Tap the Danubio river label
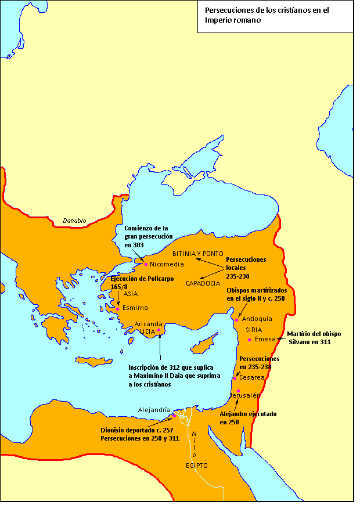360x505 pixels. point(74,221)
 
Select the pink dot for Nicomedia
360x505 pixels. point(146,264)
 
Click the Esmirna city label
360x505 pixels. point(135,308)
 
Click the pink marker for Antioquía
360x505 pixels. point(237,319)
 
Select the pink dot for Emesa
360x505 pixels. point(249,340)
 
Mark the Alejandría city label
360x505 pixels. point(154,409)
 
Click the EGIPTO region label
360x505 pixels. point(197,466)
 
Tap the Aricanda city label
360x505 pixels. point(149,323)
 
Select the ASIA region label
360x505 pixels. point(131,294)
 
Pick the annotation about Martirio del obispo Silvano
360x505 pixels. point(315,338)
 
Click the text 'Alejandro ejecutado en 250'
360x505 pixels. point(248,418)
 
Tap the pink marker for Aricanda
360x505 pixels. point(159,330)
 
